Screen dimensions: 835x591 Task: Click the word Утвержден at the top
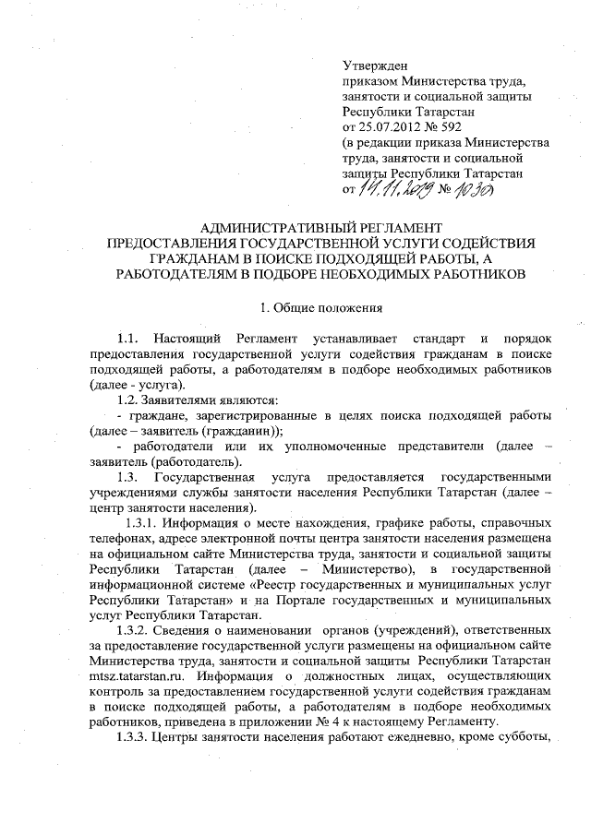click(x=373, y=66)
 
